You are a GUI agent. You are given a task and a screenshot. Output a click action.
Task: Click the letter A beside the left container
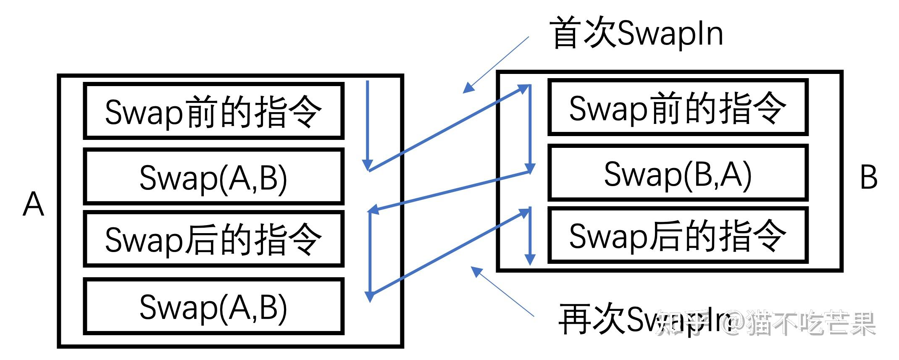pos(33,205)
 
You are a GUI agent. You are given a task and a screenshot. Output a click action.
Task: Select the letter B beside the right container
pos(868,177)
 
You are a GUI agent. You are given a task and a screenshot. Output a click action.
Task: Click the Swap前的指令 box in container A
pos(213,111)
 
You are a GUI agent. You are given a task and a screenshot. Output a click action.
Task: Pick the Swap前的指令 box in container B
pos(678,108)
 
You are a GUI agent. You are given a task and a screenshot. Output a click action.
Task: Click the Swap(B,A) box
pos(678,173)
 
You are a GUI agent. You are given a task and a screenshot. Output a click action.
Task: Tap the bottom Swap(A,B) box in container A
pos(213,306)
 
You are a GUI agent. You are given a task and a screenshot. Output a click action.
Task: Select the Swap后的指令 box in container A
pos(213,239)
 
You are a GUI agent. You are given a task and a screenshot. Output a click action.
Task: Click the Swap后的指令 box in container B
pos(678,236)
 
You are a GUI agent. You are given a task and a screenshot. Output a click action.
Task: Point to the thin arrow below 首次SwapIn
pos(496,64)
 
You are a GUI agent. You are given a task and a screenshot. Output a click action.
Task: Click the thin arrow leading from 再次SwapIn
pos(502,292)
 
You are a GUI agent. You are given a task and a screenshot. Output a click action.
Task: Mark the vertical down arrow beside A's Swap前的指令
pos(368,126)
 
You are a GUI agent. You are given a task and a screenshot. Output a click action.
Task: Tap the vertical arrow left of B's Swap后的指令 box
pos(530,235)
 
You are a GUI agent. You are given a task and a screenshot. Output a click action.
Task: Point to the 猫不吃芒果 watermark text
pos(811,323)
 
